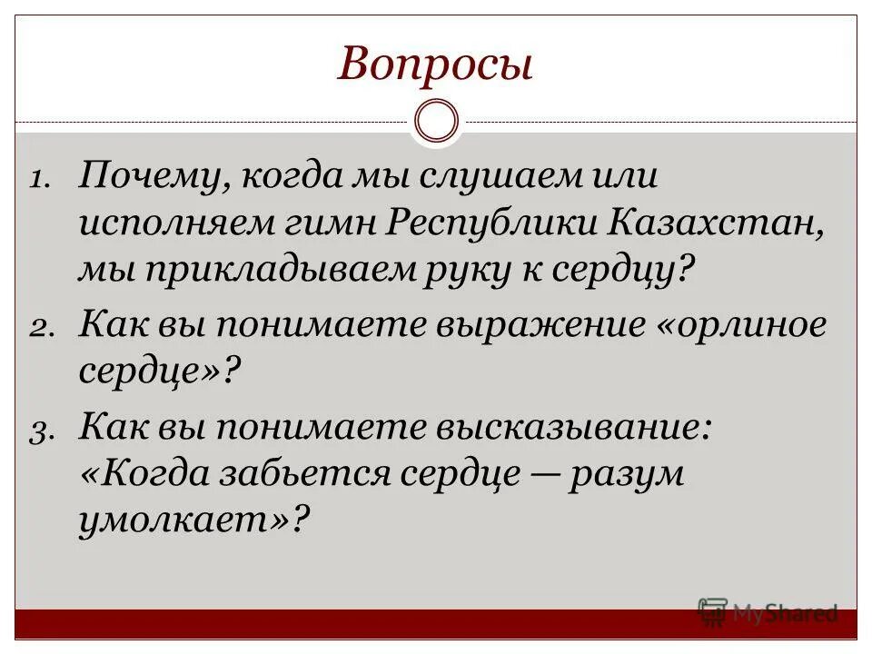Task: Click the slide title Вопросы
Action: pyautogui.click(x=435, y=65)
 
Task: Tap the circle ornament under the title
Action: pyautogui.click(x=436, y=121)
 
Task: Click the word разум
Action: pyautogui.click(x=627, y=474)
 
